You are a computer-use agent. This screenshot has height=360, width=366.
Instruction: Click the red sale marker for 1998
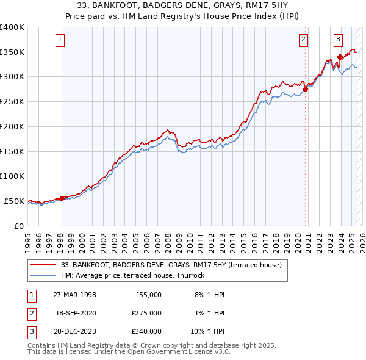click(x=62, y=198)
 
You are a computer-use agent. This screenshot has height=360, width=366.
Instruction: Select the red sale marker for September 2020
click(x=305, y=90)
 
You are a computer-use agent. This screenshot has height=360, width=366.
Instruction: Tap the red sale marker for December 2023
click(x=340, y=57)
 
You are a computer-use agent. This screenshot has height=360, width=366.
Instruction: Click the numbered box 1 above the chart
click(x=61, y=40)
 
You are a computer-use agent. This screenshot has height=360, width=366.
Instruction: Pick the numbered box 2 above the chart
click(x=303, y=40)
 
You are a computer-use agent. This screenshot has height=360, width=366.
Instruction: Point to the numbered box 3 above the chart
click(x=338, y=40)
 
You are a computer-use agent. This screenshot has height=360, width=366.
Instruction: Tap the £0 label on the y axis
click(x=18, y=226)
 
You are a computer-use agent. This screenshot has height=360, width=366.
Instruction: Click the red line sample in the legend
click(x=44, y=265)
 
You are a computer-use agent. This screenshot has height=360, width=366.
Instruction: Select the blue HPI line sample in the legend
click(x=44, y=275)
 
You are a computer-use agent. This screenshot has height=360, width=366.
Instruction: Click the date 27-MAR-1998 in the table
click(x=74, y=295)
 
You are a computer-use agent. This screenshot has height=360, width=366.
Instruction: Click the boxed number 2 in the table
click(x=31, y=313)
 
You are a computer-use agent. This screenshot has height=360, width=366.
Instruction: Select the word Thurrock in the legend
click(x=192, y=275)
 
